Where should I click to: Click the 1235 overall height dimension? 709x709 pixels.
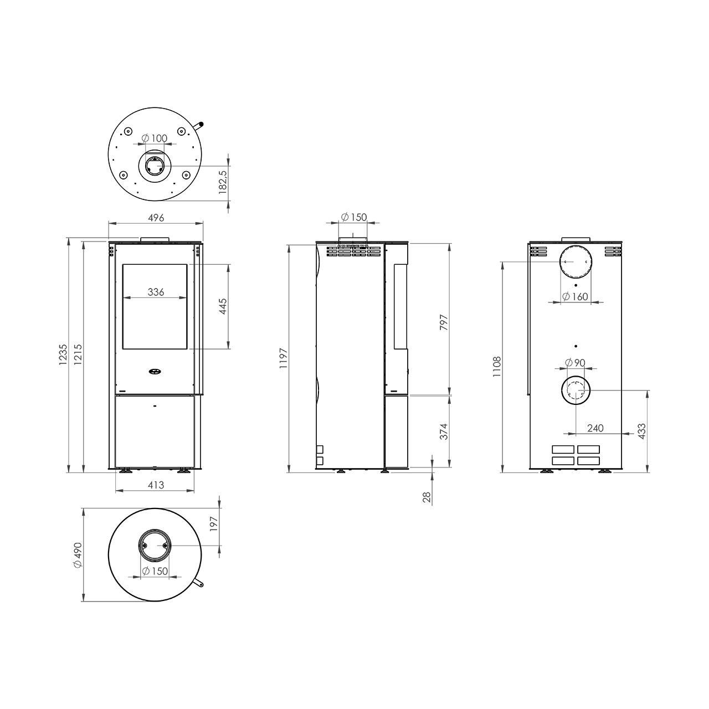click(63, 354)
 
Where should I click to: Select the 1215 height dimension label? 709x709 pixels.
click(78, 354)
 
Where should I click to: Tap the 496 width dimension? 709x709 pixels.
click(156, 218)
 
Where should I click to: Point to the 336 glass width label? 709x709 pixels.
click(156, 292)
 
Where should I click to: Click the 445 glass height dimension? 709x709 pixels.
click(223, 306)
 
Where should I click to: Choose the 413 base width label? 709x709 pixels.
click(156, 485)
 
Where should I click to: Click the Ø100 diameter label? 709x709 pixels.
click(155, 138)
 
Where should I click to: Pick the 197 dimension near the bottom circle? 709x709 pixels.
click(214, 523)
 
